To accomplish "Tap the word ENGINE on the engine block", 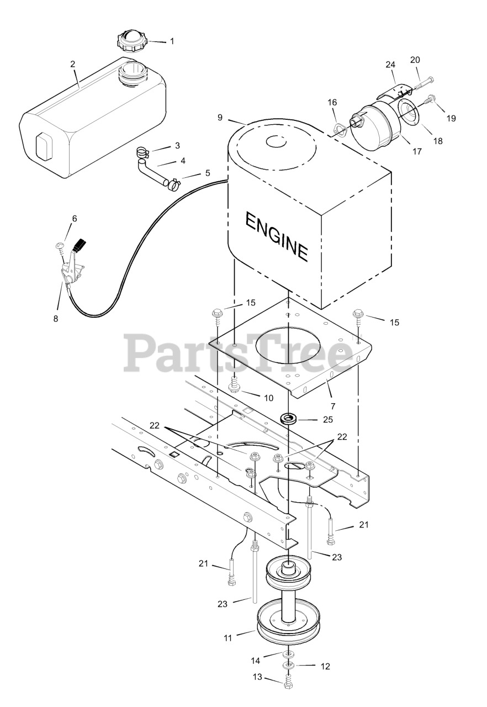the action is (x=276, y=236).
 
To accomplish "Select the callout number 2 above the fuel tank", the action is (x=73, y=64).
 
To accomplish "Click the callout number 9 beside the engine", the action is (x=220, y=118).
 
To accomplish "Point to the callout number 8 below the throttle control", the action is (x=55, y=319).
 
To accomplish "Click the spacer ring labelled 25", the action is (x=288, y=418).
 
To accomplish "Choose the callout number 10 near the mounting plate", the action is (x=268, y=397).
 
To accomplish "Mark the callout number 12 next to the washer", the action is (x=325, y=667).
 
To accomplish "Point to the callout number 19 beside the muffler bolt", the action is (x=452, y=118).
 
